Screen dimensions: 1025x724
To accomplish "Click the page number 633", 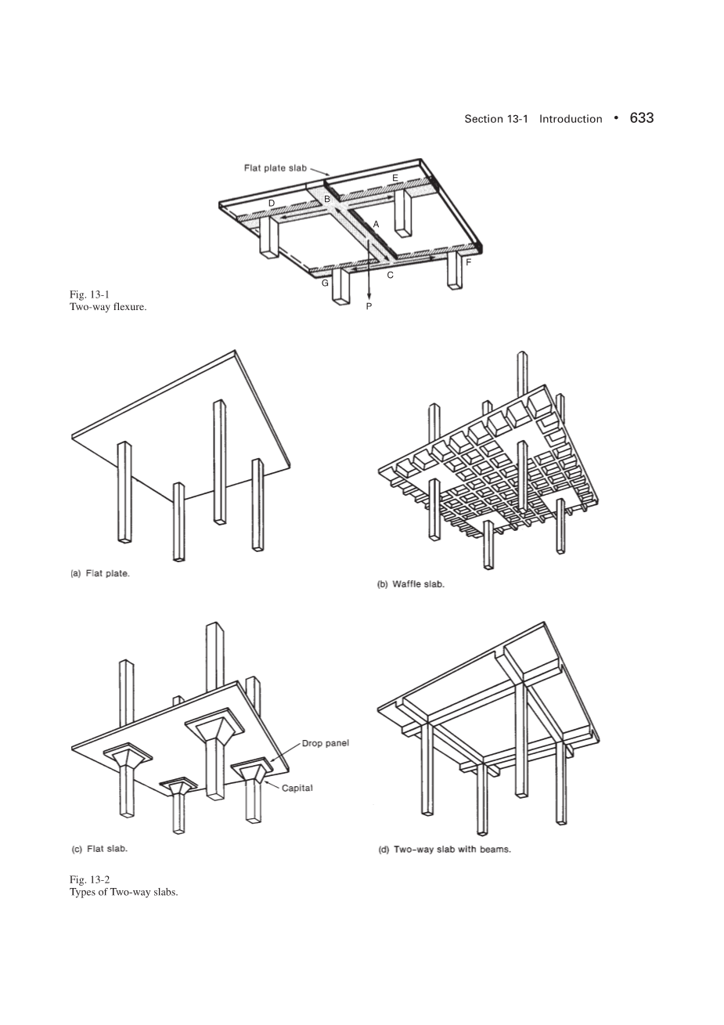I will pos(641,117).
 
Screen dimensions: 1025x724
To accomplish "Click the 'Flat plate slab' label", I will pos(274,168).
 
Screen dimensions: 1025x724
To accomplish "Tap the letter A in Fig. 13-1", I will pos(376,224).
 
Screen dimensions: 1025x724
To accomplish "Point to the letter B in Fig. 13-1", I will pos(327,199).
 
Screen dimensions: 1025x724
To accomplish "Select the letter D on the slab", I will pos(272,203).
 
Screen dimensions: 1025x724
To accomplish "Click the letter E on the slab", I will pos(395,178).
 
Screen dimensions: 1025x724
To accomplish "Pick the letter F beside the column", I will pos(468,262).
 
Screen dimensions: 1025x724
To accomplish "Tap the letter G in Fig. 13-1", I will pos(325,283).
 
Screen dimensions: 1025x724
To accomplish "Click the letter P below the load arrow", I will pos(369,307).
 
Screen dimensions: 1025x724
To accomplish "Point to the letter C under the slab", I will pos(390,275).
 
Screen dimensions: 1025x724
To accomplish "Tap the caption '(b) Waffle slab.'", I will pos(411,584).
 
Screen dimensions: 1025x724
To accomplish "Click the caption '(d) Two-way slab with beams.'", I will pos(445,849).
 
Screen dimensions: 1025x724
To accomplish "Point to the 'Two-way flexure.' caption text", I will pos(108,306).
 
